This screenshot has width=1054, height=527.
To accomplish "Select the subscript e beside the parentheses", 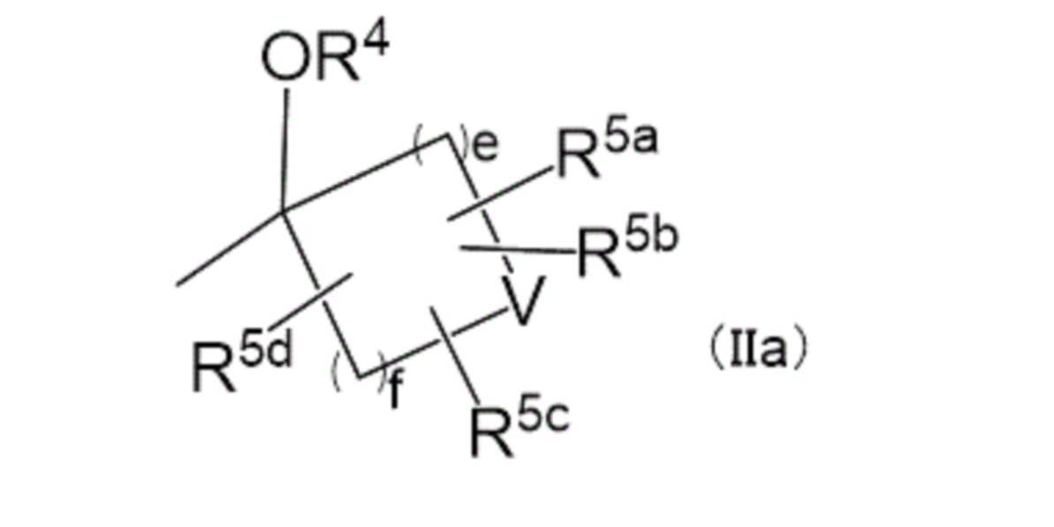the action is pyautogui.click(x=484, y=148).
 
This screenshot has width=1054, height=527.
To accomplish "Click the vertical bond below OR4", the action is pyautogui.click(x=284, y=146).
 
